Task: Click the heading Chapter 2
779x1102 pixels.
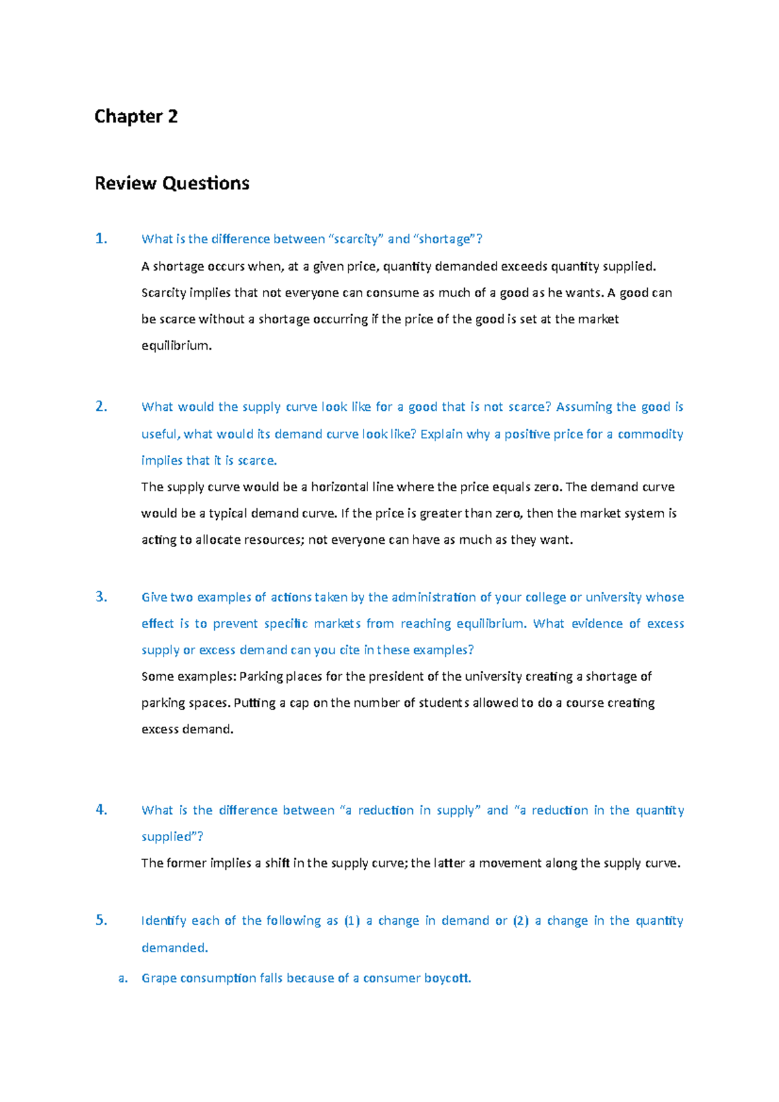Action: (136, 117)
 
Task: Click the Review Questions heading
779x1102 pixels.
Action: (172, 184)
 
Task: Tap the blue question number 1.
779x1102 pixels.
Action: (101, 239)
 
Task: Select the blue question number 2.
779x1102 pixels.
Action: (101, 407)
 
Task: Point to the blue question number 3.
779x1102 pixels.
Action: (101, 597)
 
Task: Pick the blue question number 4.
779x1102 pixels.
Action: (101, 810)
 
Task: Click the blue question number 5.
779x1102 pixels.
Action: (101, 920)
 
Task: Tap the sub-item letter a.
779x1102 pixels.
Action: (123, 979)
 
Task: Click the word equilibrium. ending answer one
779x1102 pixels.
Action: (177, 346)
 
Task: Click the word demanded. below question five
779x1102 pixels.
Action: (175, 948)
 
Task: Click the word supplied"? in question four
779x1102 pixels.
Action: (173, 837)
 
